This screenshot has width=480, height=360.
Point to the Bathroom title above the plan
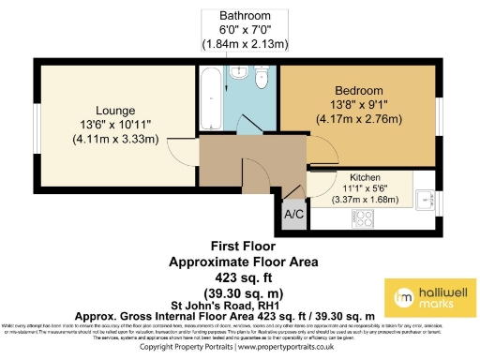point(246,17)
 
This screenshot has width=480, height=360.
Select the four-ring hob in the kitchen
point(361,217)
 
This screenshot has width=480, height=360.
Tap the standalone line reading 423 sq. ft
point(239,278)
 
